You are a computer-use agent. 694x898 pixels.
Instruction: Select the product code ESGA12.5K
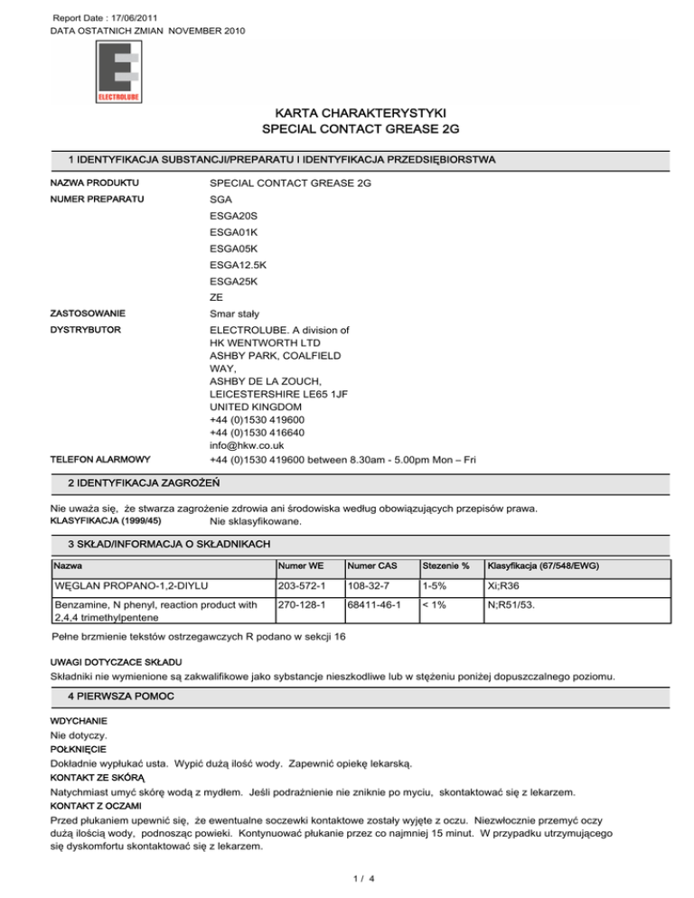(238, 265)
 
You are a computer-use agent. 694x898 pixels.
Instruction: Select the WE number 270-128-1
(300, 608)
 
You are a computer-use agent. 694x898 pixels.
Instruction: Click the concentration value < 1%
(431, 608)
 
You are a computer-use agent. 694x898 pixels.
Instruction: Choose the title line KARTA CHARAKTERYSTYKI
(347, 114)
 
